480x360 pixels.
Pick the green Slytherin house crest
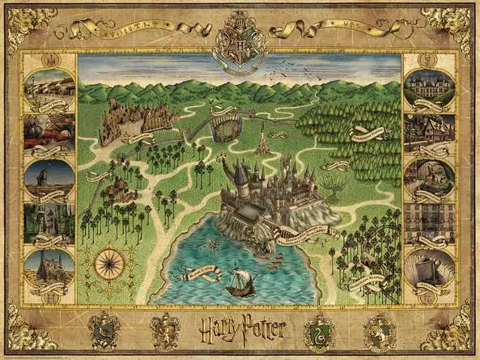click(x=318, y=330)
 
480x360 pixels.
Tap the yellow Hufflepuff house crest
click(x=378, y=330)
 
